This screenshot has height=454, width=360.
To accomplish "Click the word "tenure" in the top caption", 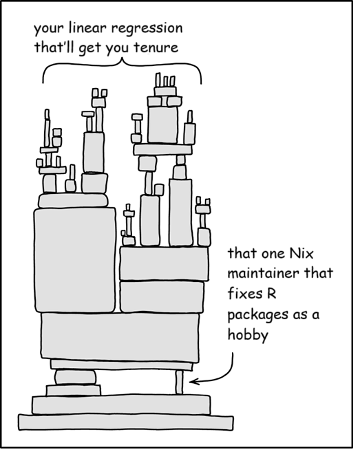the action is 156,47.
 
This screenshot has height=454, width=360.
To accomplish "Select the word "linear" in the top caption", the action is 88,28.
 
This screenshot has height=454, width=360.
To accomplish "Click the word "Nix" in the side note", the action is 301,254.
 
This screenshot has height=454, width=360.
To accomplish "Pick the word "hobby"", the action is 248,335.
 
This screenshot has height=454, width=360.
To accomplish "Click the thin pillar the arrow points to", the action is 179,382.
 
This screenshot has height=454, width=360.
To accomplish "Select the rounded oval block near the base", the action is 75,377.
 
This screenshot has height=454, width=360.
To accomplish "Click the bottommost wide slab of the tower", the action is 126,422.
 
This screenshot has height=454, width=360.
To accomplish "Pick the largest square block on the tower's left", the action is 75,260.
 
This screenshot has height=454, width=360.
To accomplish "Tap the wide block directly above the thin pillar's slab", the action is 120,337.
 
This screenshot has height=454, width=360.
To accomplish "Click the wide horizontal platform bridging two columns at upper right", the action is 162,150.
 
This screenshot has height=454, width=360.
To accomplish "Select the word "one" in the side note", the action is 273,255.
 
